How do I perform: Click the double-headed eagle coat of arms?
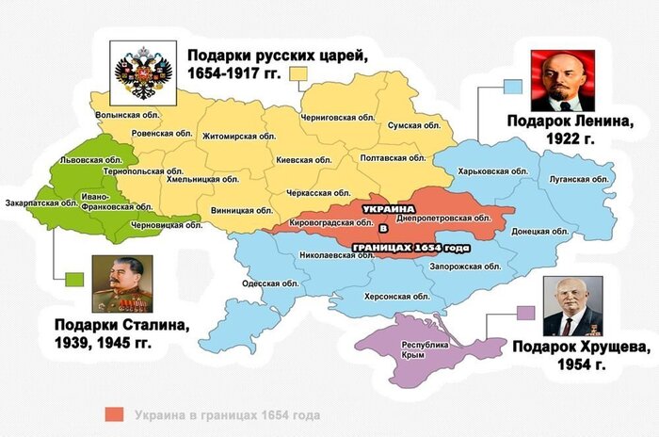(143, 71)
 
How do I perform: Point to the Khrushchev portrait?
(572, 307)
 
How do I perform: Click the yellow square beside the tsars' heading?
(300, 73)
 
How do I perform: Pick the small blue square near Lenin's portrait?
(512, 87)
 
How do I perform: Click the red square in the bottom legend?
(115, 414)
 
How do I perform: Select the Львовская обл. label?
(85, 161)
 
